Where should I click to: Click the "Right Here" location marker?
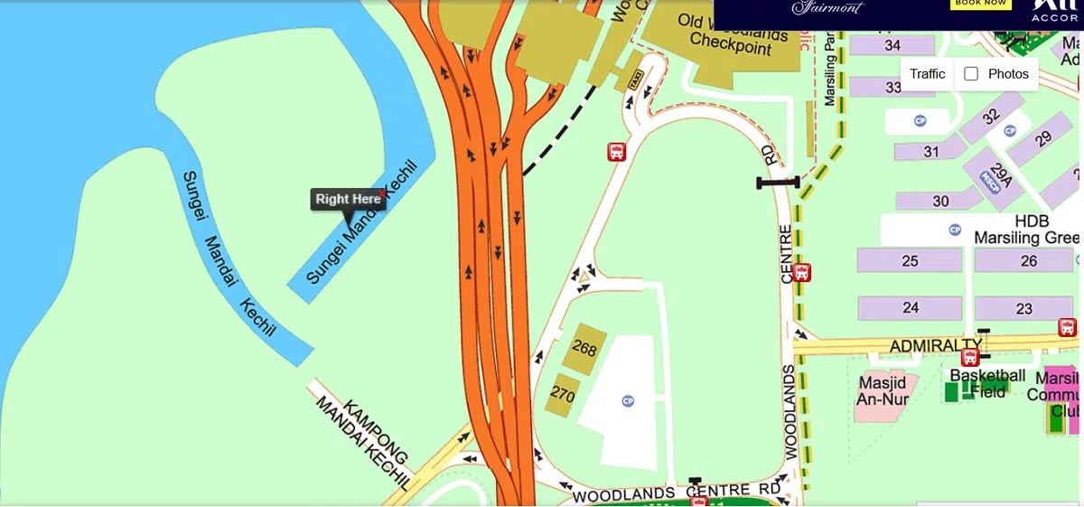(348, 200)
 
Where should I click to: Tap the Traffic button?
(927, 74)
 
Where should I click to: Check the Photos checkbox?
(971, 74)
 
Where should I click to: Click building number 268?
(584, 348)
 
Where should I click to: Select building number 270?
(563, 394)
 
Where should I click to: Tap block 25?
(910, 261)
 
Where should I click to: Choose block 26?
(1028, 261)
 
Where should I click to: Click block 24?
(910, 308)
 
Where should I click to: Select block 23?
(1023, 308)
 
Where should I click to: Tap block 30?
(940, 201)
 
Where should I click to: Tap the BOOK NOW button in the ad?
(979, 4)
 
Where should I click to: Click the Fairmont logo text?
(827, 8)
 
